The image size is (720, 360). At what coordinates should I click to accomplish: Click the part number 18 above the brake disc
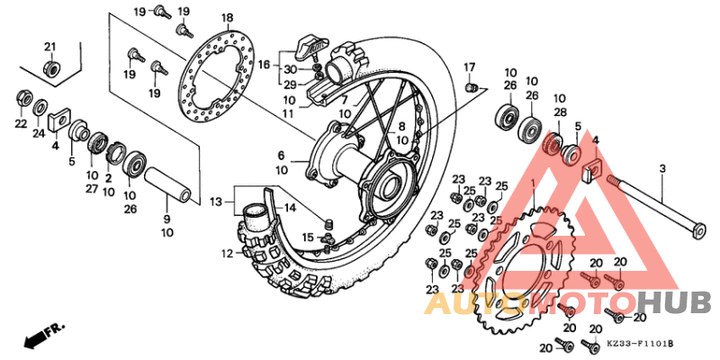(x=227, y=17)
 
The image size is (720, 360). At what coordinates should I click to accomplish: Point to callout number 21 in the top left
(x=50, y=47)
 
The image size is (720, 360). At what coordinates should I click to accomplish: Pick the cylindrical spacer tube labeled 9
(x=166, y=185)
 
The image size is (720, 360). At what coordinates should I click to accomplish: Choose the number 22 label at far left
(x=20, y=123)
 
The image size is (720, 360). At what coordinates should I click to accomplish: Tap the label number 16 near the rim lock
(x=263, y=65)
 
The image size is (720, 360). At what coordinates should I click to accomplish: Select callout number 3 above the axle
(x=662, y=168)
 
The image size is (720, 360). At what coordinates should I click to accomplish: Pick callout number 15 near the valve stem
(x=309, y=238)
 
